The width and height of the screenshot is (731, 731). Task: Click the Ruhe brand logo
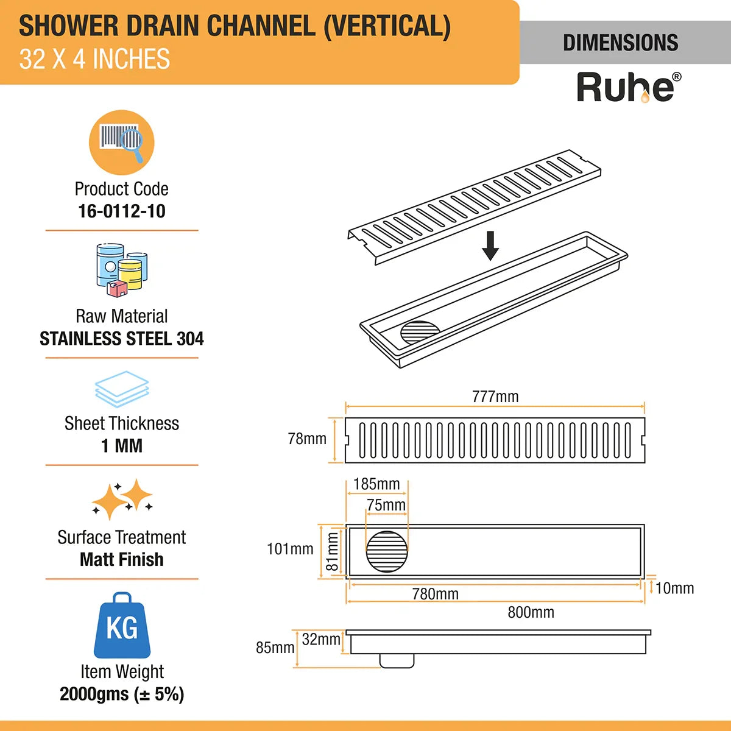coord(628,87)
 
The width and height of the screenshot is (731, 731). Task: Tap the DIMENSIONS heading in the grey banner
coord(620,43)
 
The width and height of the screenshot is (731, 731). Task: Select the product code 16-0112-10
coord(122,211)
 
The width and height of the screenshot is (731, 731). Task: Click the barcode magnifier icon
coord(122,143)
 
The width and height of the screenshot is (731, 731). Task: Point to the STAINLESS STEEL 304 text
coord(122,339)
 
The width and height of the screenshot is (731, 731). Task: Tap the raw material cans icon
coord(122,270)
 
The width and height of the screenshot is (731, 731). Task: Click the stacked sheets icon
coord(122,389)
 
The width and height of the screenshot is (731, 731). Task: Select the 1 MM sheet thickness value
coord(122,446)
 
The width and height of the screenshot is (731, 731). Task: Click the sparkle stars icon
coord(122,500)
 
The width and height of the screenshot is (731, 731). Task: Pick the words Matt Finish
coord(122,559)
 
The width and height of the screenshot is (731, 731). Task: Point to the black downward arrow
coord(490,246)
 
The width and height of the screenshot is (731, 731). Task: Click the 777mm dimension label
coord(495,397)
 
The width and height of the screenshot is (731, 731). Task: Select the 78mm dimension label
coord(307,439)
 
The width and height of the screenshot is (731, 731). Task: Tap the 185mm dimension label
coord(376,484)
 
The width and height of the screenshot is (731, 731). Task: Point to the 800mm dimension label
coord(531,612)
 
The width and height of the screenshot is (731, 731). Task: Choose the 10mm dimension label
coord(674,588)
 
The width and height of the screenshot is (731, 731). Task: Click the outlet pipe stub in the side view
coord(397,660)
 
